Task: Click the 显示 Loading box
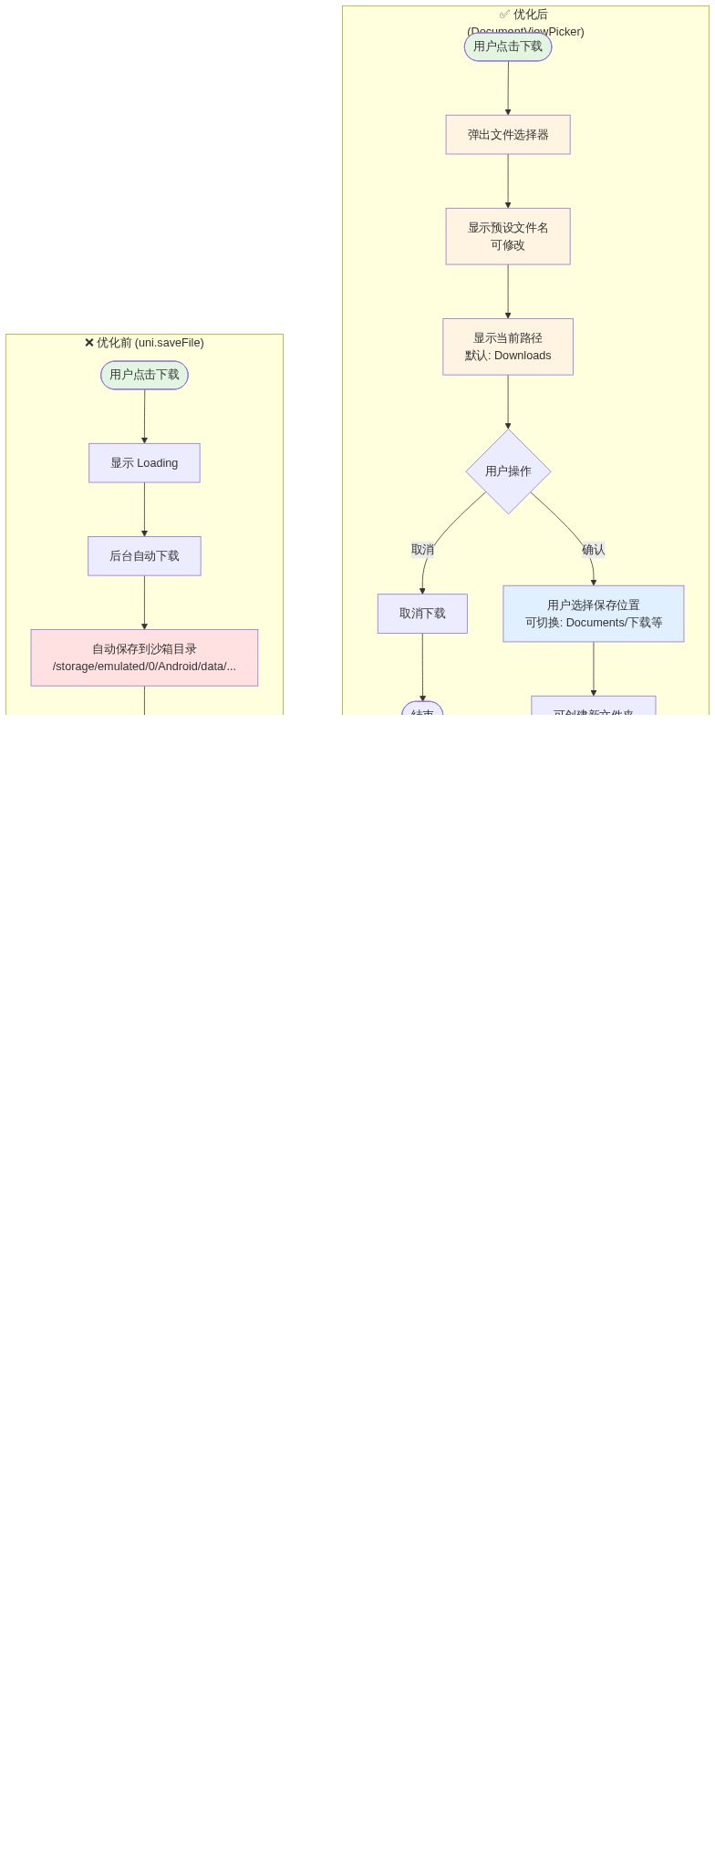(144, 463)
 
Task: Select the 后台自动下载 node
(144, 556)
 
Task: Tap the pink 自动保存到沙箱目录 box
(144, 657)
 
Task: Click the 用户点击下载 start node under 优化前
(144, 375)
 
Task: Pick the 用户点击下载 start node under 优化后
(508, 47)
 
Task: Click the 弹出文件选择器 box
(508, 135)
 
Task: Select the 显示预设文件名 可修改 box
(508, 236)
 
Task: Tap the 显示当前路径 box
(508, 346)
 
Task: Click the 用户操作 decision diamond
(508, 471)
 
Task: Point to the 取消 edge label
(422, 550)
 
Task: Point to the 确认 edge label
(594, 550)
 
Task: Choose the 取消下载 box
(422, 614)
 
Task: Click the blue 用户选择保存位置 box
(594, 614)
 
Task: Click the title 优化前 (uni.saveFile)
(144, 343)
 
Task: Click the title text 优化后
(530, 15)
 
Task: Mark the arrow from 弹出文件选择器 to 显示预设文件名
(508, 181)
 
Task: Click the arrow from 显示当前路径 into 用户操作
(508, 401)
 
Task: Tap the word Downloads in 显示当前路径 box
(523, 356)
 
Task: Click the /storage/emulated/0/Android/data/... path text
(144, 667)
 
